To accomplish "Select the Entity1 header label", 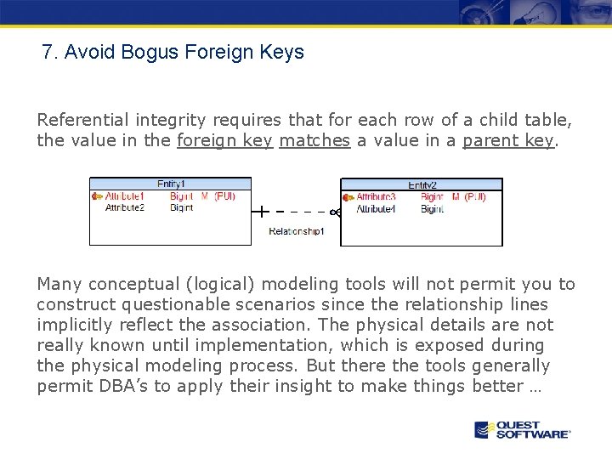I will coord(171,184).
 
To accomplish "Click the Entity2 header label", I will coord(422,184).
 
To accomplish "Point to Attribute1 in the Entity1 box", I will coord(124,196).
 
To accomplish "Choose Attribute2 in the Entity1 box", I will coord(124,207).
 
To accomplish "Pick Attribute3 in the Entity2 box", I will coord(376,197).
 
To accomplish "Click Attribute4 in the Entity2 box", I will coord(376,209).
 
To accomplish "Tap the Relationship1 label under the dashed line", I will coord(296,231).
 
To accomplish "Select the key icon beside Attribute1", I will coord(96,196).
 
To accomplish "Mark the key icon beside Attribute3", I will coord(348,197).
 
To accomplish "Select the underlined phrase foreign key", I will coord(224,140).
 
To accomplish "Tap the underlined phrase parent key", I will coord(508,140).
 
